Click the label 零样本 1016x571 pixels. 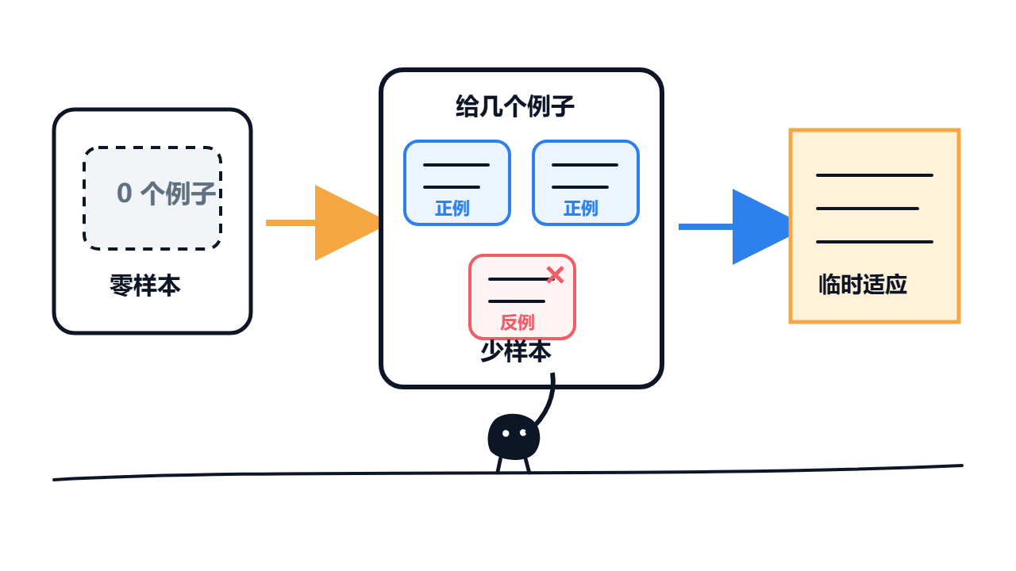coord(145,285)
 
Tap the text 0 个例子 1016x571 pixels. coord(166,194)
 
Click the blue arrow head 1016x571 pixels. coord(761,227)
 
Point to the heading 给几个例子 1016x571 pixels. coord(515,106)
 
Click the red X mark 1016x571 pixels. coord(555,275)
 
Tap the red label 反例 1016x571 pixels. coord(517,323)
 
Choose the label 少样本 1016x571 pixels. coord(516,351)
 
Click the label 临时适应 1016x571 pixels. coord(863,285)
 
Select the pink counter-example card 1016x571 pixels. coord(522,297)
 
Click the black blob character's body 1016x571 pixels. coord(514,436)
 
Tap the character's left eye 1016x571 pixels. coord(506,434)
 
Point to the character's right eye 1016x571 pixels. coord(523,433)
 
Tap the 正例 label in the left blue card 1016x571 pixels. coord(452,209)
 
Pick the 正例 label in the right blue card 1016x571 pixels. coord(581,209)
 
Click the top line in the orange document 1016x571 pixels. coord(875,175)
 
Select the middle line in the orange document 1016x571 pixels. coord(868,209)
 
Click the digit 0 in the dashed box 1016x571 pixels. coord(125,194)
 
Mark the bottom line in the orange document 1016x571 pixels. coord(875,242)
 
